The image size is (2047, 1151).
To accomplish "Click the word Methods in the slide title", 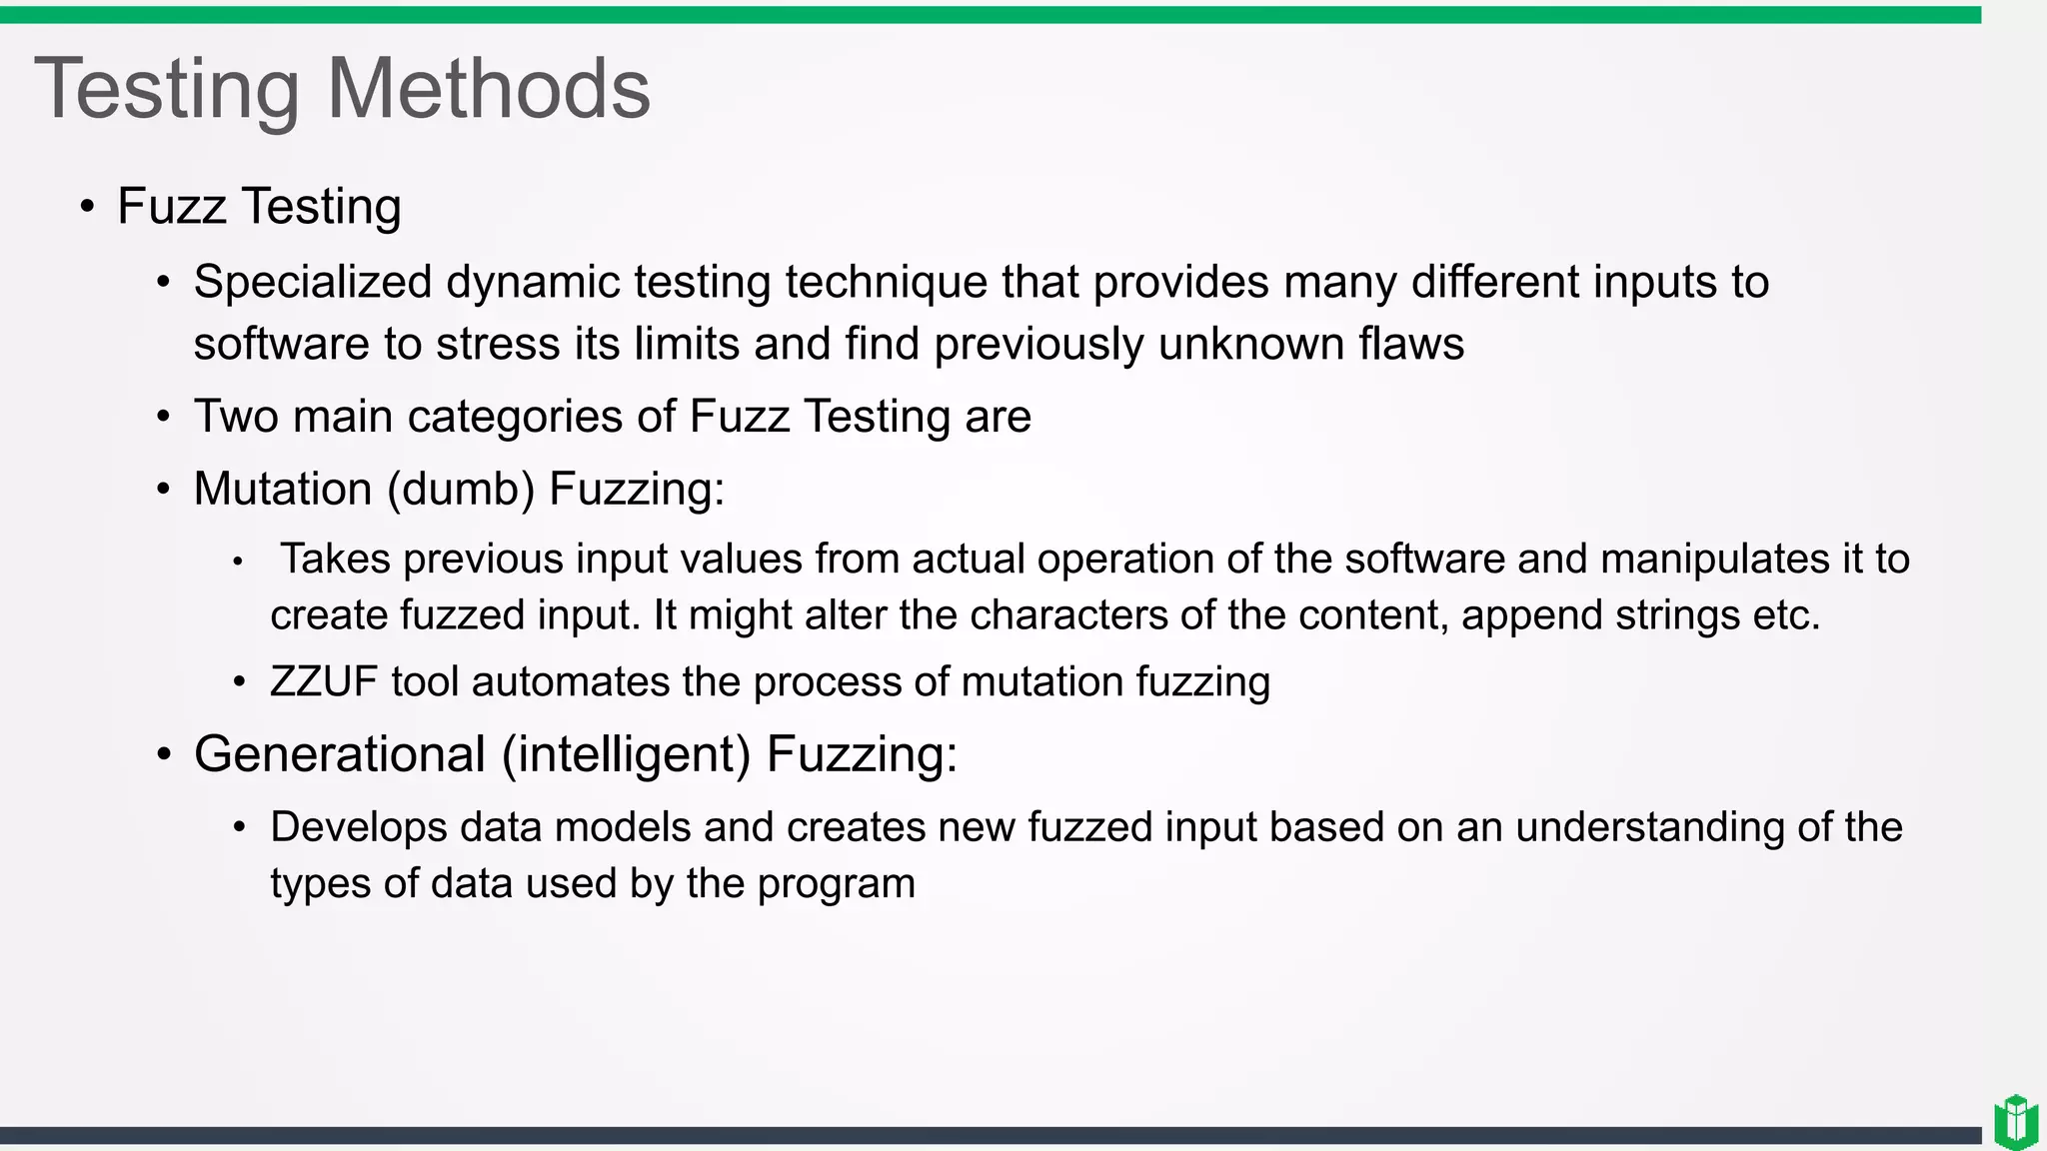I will pyautogui.click(x=489, y=89).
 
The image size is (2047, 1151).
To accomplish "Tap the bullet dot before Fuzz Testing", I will pyautogui.click(x=88, y=207).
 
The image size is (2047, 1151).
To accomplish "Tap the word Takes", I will pyautogui.click(x=335, y=559).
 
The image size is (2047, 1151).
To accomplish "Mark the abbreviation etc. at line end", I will pyautogui.click(x=1786, y=614).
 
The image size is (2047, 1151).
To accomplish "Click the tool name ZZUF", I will pyautogui.click(x=324, y=681).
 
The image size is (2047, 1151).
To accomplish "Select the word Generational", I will pyautogui.click(x=340, y=753).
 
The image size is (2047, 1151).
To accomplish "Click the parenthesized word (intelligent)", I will pyautogui.click(x=626, y=755).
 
